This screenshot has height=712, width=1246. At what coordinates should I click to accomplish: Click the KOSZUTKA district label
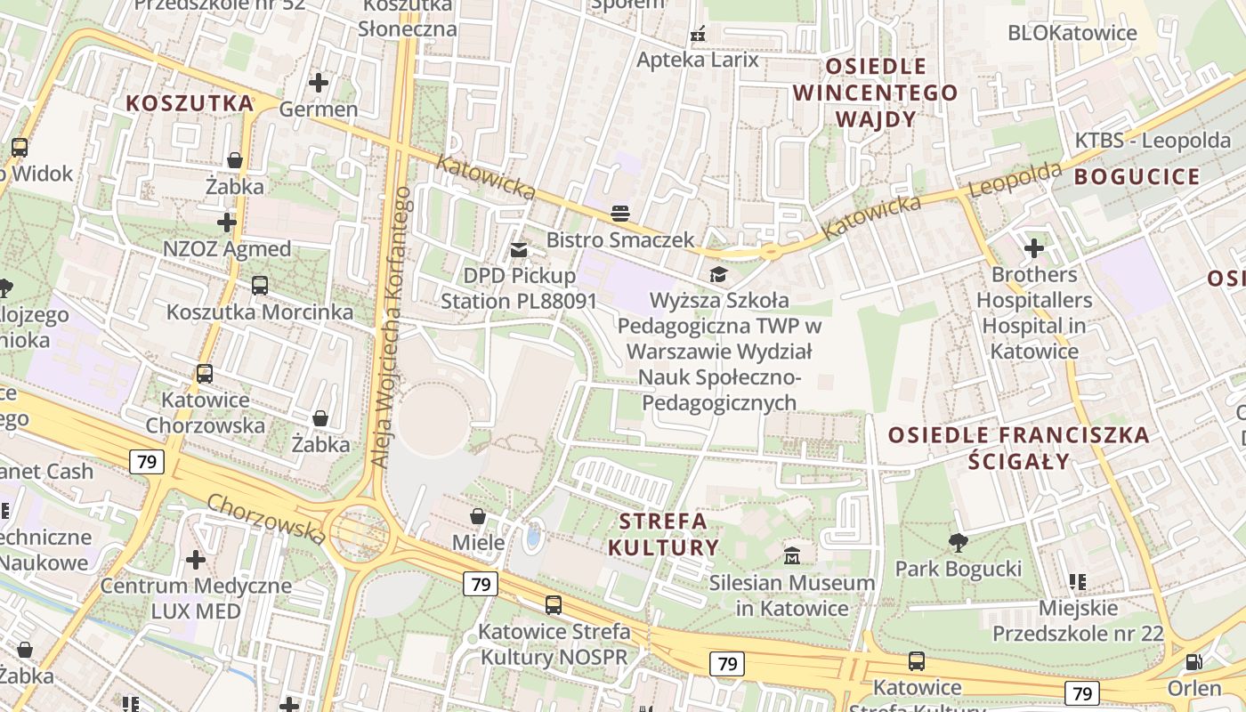(x=190, y=103)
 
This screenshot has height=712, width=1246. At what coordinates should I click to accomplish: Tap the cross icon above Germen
(x=318, y=83)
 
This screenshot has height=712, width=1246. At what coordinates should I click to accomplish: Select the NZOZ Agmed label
(x=227, y=249)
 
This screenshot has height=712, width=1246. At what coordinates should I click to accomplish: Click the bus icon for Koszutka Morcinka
(x=259, y=286)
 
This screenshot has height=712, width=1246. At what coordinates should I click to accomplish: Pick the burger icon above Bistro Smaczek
(x=620, y=214)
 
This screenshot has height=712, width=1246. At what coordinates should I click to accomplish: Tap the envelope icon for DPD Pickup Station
(x=519, y=251)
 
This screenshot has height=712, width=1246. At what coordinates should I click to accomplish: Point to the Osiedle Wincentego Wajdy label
(x=875, y=93)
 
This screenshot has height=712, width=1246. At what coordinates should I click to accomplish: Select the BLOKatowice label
(x=1072, y=33)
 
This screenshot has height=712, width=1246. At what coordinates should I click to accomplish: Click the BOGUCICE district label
(x=1137, y=176)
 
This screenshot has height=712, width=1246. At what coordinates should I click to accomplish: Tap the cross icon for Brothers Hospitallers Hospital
(x=1033, y=248)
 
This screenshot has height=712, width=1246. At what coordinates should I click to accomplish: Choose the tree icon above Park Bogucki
(x=958, y=542)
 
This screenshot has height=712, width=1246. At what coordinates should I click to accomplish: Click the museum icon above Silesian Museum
(x=791, y=556)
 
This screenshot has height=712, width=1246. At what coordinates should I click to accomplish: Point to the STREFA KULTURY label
(x=663, y=534)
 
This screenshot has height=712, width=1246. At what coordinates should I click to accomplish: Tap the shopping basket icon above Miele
(x=478, y=516)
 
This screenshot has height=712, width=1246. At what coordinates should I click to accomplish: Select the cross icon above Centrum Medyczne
(x=195, y=560)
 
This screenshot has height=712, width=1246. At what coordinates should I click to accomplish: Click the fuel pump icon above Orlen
(x=1194, y=662)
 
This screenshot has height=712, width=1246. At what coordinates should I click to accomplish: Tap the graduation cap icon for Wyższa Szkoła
(x=717, y=274)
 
